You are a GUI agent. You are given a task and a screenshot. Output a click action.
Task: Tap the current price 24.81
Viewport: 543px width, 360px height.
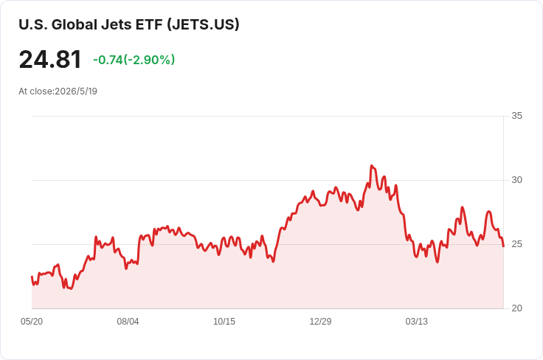coord(50,60)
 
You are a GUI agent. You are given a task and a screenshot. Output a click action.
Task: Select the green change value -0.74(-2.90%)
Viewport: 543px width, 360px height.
coord(134,60)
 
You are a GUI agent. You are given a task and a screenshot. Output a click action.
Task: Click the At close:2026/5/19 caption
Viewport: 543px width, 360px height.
coord(58,91)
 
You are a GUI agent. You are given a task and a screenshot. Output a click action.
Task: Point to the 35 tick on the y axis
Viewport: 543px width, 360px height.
coord(516,116)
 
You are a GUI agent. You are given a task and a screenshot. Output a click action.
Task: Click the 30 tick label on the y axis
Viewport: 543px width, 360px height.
coord(516,180)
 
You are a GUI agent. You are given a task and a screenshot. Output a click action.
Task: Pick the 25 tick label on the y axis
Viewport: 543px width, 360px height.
coord(516,244)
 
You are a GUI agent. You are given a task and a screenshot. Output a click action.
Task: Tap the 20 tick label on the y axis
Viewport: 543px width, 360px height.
coord(516,308)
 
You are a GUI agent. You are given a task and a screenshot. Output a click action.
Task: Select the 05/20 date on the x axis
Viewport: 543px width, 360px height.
coord(32,322)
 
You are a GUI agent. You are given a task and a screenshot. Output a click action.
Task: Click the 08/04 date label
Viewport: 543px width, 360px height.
coord(128,322)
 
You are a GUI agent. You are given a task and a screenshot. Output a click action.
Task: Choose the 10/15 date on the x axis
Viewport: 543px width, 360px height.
coord(224,322)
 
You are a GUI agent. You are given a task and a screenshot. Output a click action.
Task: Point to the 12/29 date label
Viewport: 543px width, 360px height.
coord(320,322)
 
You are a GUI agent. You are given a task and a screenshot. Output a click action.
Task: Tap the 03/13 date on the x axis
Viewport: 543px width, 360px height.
coord(417,322)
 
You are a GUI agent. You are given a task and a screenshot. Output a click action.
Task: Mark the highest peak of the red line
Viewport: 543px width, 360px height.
coord(371,166)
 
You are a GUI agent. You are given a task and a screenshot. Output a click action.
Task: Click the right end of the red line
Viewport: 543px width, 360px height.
coord(503,246)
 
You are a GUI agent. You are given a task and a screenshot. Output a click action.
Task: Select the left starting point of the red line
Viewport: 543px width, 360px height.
coord(32,276)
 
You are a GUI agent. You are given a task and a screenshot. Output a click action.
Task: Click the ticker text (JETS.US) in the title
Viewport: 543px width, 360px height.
coord(203,24)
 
